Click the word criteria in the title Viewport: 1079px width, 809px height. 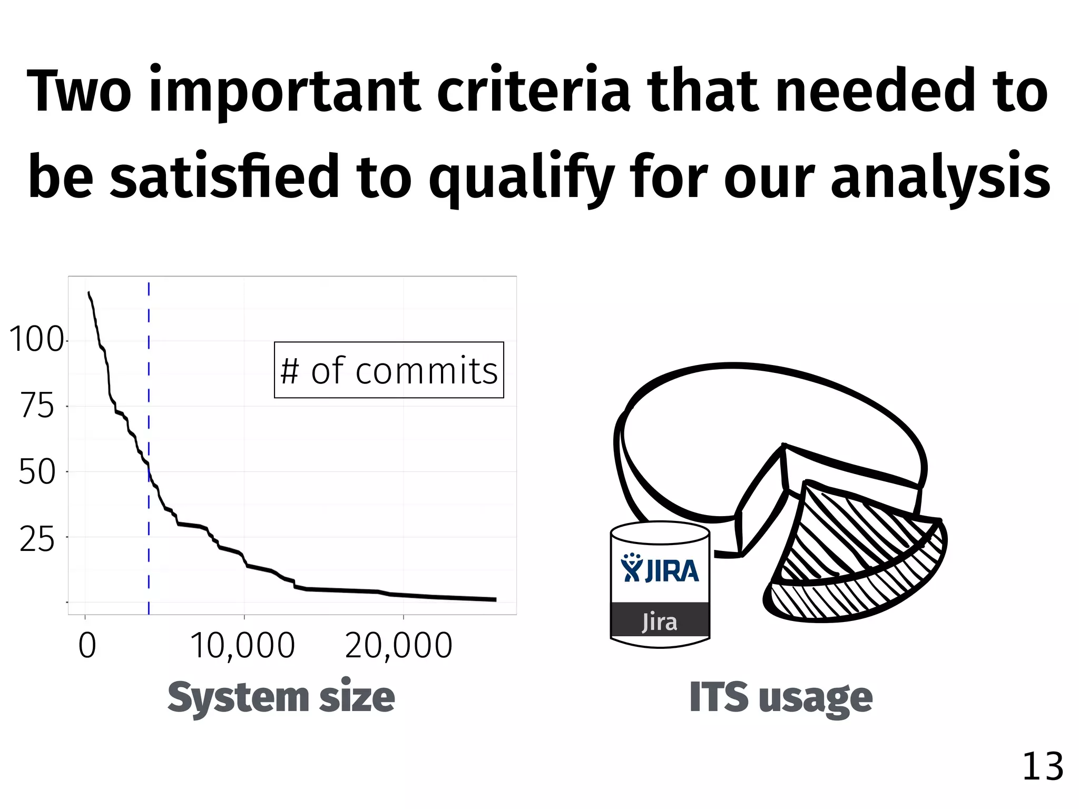[x=533, y=91]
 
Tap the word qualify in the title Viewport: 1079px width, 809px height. [x=522, y=177]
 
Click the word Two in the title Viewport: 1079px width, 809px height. [x=79, y=91]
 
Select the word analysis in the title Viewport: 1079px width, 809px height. [x=940, y=177]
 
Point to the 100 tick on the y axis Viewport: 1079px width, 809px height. [x=36, y=340]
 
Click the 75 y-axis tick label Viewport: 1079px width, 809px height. [x=37, y=406]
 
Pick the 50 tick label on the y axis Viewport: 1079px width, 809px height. [x=37, y=471]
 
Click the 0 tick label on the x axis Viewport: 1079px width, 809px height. [x=87, y=646]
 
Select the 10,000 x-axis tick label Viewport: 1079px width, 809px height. [x=242, y=646]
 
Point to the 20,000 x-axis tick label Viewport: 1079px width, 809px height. [x=399, y=646]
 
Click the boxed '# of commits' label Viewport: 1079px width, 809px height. [x=389, y=370]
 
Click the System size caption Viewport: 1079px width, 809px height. [x=281, y=697]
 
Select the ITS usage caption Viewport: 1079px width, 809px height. [x=781, y=697]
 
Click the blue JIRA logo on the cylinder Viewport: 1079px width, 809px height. [x=660, y=569]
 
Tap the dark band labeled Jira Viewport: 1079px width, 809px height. [x=660, y=620]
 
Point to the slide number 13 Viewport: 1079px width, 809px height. [x=1042, y=767]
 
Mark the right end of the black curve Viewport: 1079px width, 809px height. [x=495, y=599]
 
